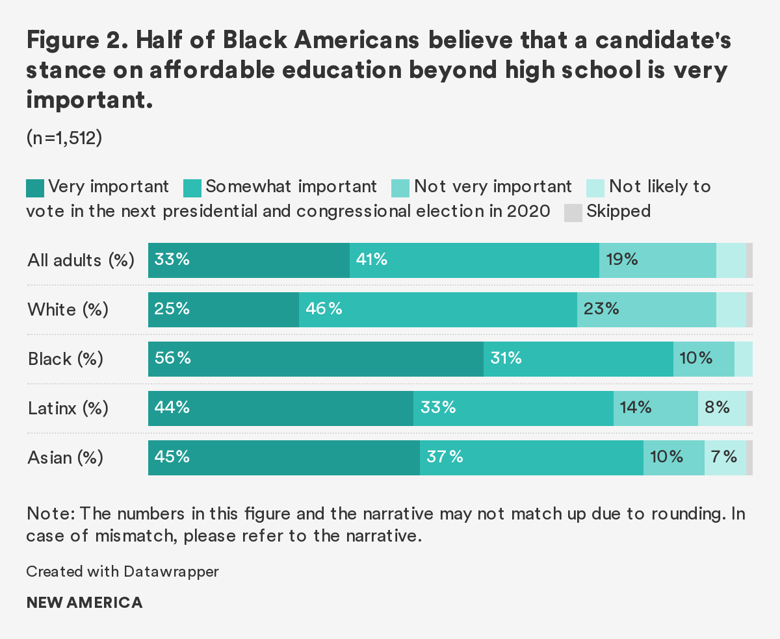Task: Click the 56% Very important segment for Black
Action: click(315, 359)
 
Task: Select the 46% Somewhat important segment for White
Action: click(437, 310)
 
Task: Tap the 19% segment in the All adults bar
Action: click(657, 260)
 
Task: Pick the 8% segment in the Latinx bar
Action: click(721, 408)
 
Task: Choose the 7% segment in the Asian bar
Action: click(725, 458)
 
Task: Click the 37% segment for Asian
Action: click(531, 458)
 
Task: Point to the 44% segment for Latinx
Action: click(280, 408)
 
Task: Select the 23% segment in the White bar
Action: click(646, 310)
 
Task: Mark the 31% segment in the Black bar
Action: click(578, 359)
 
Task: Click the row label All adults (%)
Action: click(81, 261)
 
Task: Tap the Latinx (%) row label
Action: click(68, 409)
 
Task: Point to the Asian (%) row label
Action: click(66, 458)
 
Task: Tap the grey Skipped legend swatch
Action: click(573, 212)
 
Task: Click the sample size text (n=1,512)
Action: click(64, 138)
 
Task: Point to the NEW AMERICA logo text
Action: click(84, 603)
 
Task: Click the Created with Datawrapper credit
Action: click(123, 572)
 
